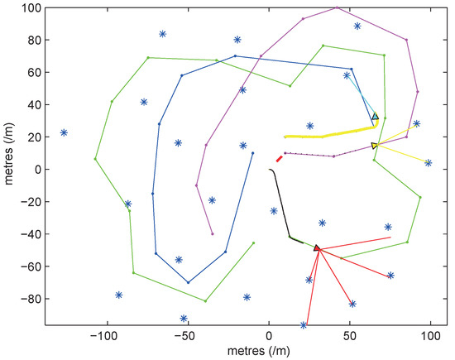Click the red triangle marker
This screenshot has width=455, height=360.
click(x=317, y=247)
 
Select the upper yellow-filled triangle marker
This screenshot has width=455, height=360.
click(x=375, y=118)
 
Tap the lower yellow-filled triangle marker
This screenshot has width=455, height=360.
click(x=375, y=146)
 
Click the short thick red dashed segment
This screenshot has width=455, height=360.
click(x=280, y=159)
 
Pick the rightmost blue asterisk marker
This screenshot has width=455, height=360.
click(x=429, y=163)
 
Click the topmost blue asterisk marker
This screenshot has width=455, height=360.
click(x=357, y=26)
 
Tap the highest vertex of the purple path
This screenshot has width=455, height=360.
click(x=336, y=7)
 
